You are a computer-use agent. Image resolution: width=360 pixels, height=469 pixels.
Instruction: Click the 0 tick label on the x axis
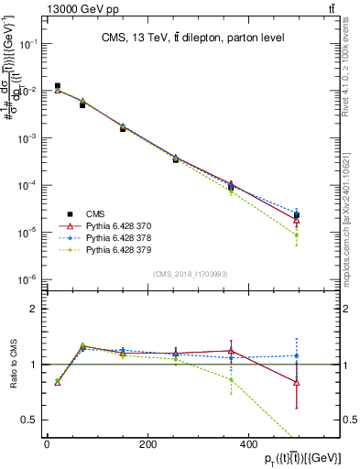(47, 443)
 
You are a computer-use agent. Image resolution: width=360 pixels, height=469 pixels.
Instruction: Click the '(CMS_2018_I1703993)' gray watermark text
(192, 273)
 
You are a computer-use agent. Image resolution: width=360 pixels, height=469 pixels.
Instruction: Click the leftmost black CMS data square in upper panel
(57, 86)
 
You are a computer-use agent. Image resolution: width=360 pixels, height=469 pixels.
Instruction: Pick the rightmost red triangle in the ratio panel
(297, 382)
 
